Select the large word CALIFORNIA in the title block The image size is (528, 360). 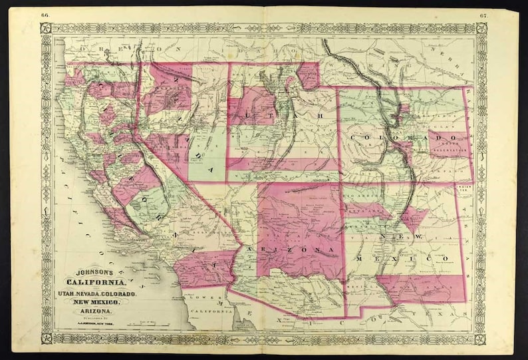[92, 283]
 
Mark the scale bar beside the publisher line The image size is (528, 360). [150, 323]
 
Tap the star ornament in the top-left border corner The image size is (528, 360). [46, 28]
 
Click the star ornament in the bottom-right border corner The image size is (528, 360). [481, 338]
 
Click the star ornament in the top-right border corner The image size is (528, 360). [481, 28]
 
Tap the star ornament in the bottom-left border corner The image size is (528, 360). [46, 338]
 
